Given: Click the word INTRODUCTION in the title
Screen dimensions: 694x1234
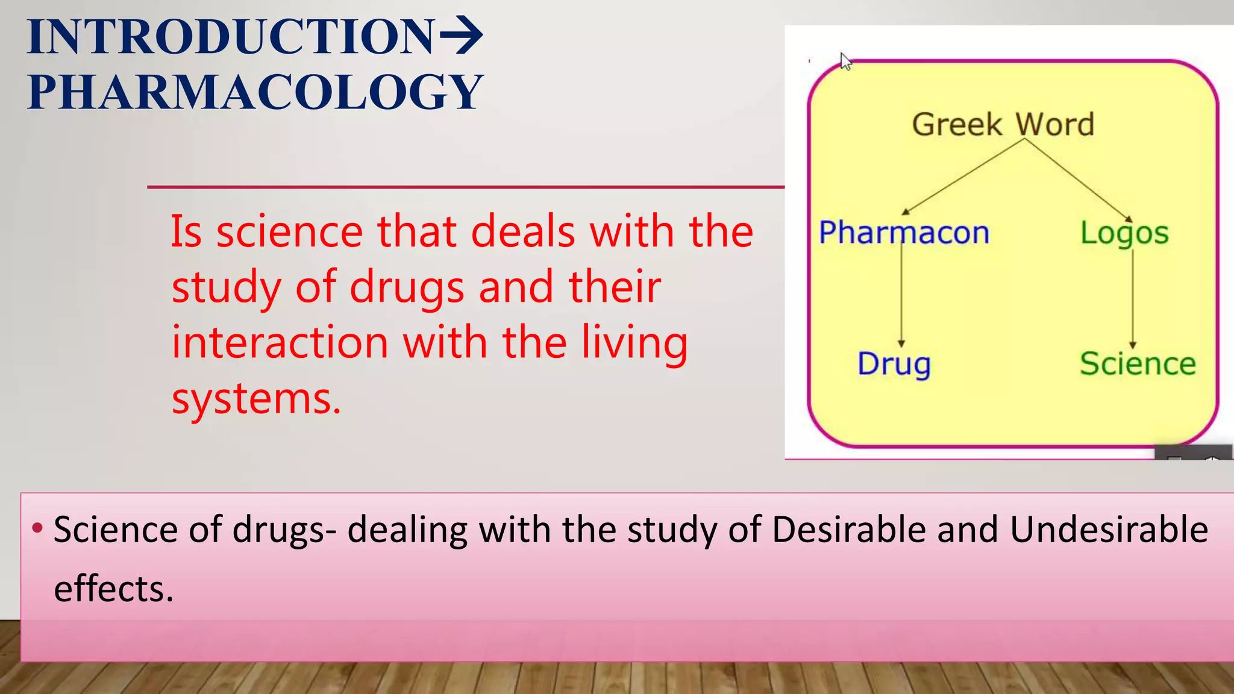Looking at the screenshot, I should (230, 37).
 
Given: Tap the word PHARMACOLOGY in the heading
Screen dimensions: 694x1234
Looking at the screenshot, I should (255, 92).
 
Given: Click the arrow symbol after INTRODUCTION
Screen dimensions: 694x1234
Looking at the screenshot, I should (461, 36).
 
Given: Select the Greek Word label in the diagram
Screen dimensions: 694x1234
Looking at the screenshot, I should (1003, 125).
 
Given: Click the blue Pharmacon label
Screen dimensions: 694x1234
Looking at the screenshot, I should (904, 233).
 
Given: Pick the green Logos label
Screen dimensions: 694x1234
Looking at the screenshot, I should (1124, 234).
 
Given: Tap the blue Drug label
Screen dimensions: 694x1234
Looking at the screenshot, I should (894, 364).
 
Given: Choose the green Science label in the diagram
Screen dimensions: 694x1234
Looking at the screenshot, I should (1138, 364).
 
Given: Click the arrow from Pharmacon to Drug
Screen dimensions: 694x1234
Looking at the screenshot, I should (901, 295).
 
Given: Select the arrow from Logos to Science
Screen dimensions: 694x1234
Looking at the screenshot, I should (1133, 298).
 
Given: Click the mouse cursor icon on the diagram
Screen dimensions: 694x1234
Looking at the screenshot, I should (846, 61).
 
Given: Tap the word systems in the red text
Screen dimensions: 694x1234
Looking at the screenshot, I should (256, 399).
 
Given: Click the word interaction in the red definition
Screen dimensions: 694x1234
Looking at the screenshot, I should (280, 342).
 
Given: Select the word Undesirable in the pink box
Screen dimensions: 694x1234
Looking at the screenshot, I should (1109, 530).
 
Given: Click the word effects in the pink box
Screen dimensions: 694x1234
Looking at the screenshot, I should (114, 589).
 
